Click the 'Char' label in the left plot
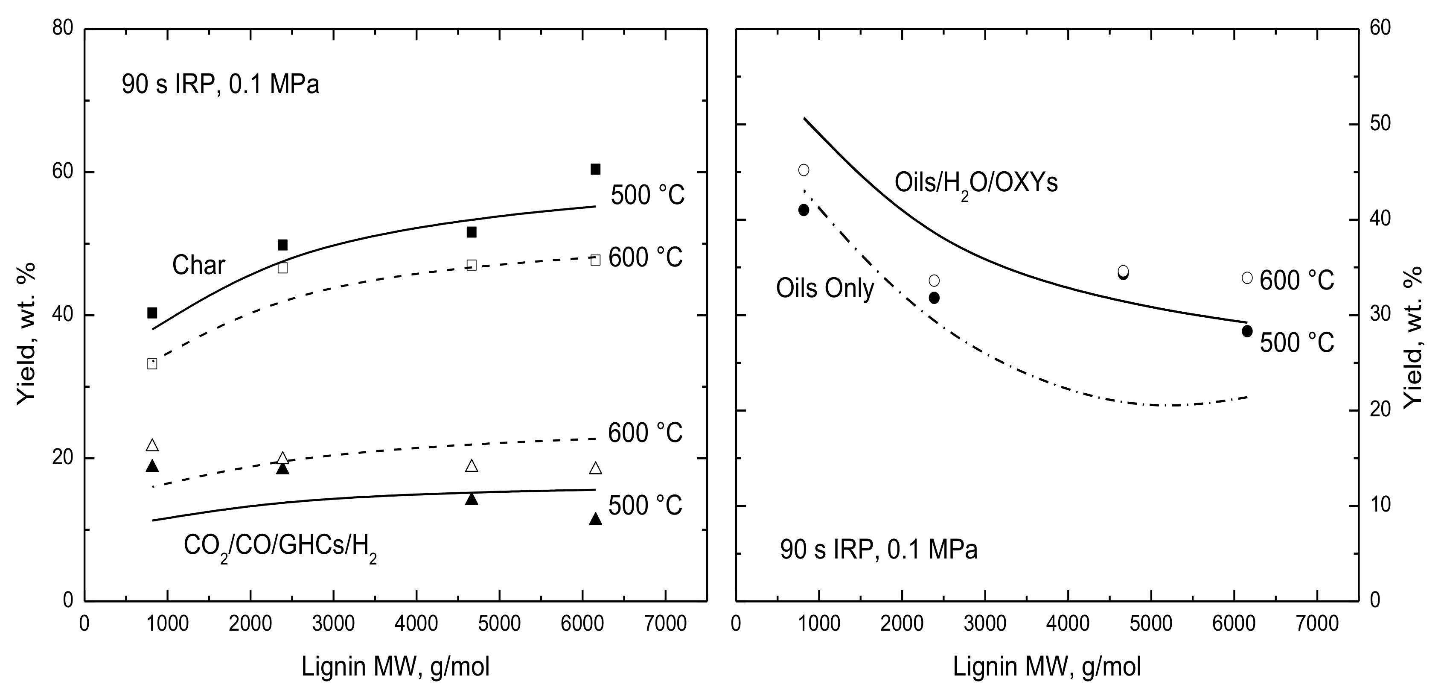(x=198, y=265)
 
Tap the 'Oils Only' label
(x=824, y=288)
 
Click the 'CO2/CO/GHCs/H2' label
(x=280, y=546)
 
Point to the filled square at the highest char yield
(x=595, y=169)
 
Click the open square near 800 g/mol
(x=151, y=364)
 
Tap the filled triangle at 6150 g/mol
(x=595, y=519)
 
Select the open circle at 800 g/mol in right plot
(x=803, y=170)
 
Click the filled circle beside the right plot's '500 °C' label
(x=1247, y=331)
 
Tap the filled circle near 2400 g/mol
(x=934, y=298)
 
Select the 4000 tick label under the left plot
(x=416, y=623)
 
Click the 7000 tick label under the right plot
(x=1317, y=623)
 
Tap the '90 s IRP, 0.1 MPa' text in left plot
(x=220, y=85)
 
